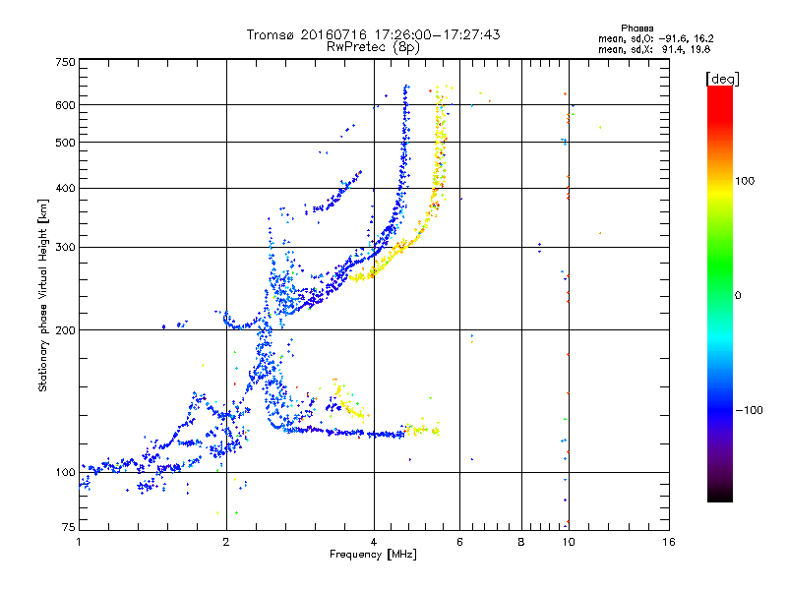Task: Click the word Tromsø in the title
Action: (272, 34)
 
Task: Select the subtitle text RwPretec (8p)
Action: (373, 47)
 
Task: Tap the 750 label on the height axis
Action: (65, 62)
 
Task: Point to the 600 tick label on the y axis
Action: (65, 105)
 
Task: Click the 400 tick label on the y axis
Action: (65, 188)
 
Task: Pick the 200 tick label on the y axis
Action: (65, 329)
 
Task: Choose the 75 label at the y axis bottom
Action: (69, 527)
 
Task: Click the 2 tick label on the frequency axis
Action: (226, 542)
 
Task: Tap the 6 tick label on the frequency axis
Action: (459, 542)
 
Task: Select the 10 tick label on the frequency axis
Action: (569, 542)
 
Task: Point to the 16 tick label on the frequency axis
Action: (669, 542)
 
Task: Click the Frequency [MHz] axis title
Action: (373, 555)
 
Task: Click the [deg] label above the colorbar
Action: (722, 80)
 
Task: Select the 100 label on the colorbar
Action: (745, 181)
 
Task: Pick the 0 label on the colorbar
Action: (738, 295)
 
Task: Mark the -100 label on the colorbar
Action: (749, 410)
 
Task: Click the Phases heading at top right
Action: (636, 29)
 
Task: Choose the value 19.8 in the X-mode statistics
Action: (700, 49)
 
